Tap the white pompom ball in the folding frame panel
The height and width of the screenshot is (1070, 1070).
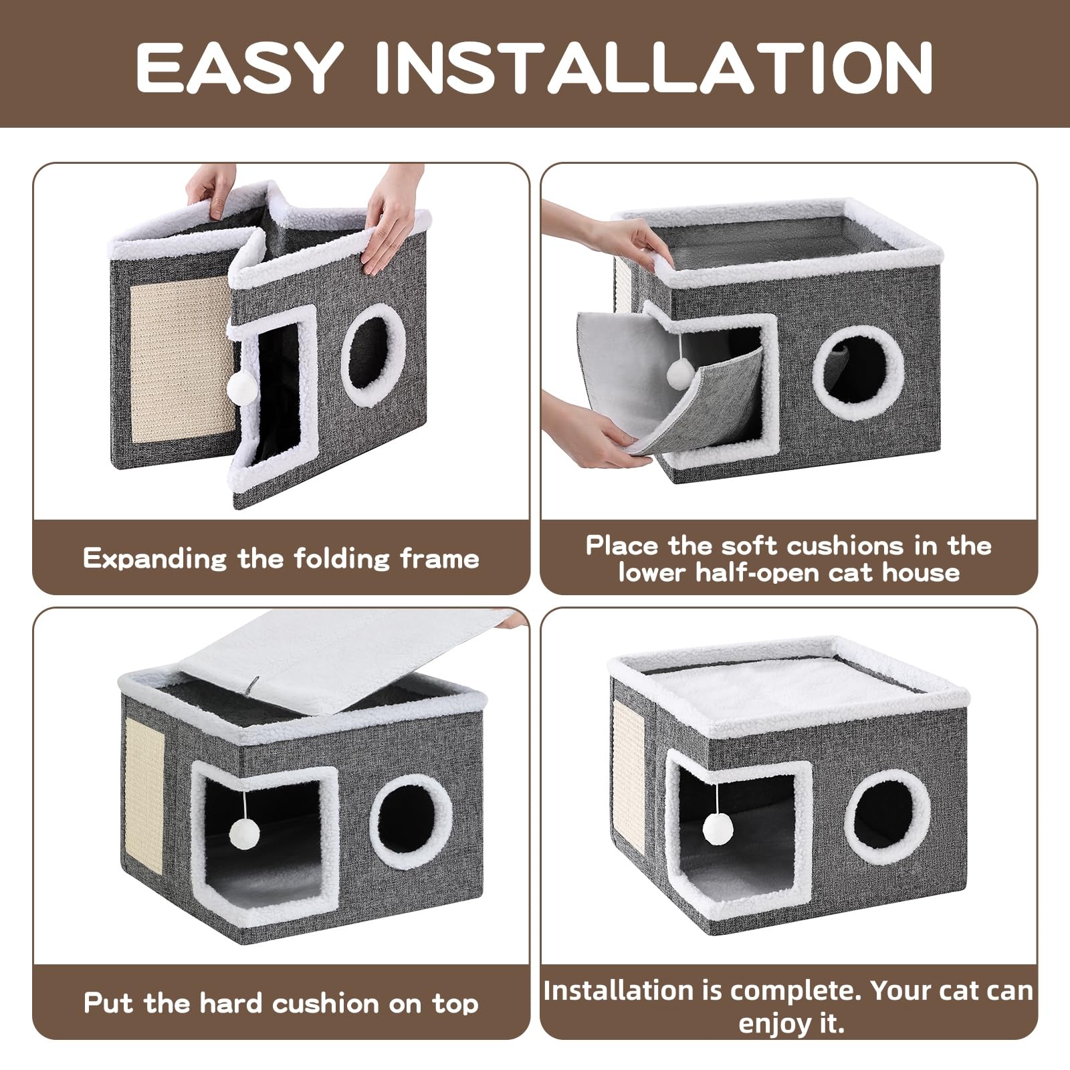[x=242, y=386]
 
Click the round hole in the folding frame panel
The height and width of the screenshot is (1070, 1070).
[x=373, y=356]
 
